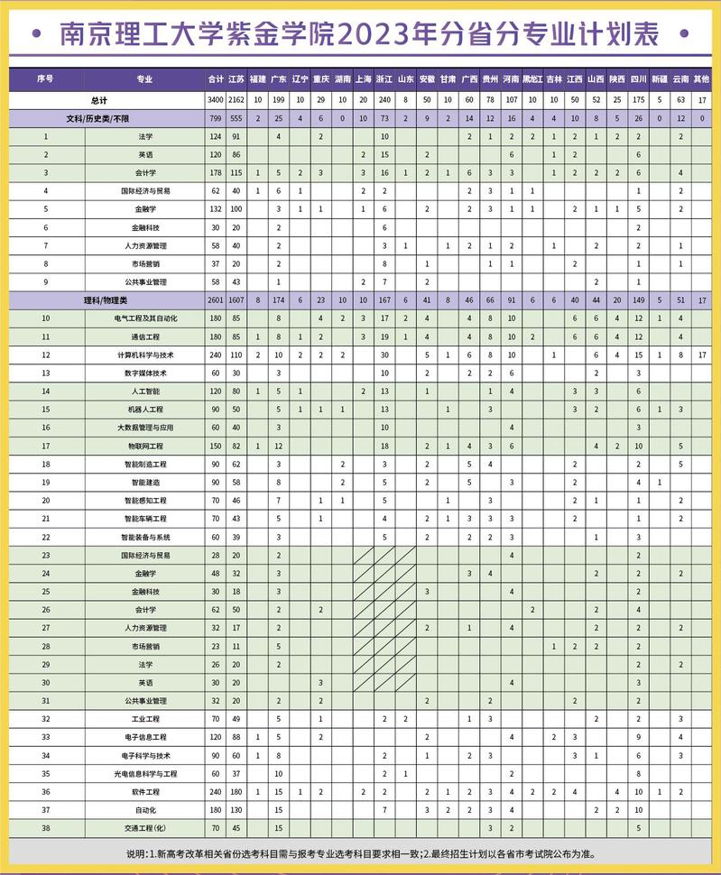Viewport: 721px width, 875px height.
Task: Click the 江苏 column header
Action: click(x=236, y=79)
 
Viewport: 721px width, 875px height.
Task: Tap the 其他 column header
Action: click(x=703, y=79)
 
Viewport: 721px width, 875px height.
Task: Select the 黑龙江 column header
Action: click(x=532, y=79)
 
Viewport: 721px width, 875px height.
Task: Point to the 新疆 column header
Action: click(x=660, y=79)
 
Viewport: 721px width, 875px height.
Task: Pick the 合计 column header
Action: click(x=215, y=79)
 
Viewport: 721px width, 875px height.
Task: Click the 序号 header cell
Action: click(x=46, y=79)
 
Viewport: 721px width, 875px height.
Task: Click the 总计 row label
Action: click(x=99, y=100)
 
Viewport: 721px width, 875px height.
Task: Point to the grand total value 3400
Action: click(x=215, y=100)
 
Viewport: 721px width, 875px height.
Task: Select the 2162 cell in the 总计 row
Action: click(x=236, y=100)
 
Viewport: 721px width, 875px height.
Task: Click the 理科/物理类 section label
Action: click(x=99, y=299)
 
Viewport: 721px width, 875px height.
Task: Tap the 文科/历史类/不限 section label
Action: click(x=99, y=118)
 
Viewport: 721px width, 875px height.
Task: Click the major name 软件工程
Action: click(x=145, y=791)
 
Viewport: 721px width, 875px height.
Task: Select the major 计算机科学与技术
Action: click(x=145, y=355)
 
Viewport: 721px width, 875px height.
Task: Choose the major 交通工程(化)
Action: click(x=145, y=827)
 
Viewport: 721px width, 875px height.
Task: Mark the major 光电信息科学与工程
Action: click(x=145, y=773)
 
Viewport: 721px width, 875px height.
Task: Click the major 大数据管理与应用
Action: click(x=145, y=428)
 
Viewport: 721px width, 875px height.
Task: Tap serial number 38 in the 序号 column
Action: click(x=46, y=827)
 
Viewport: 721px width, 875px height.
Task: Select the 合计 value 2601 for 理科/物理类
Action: click(x=215, y=299)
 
